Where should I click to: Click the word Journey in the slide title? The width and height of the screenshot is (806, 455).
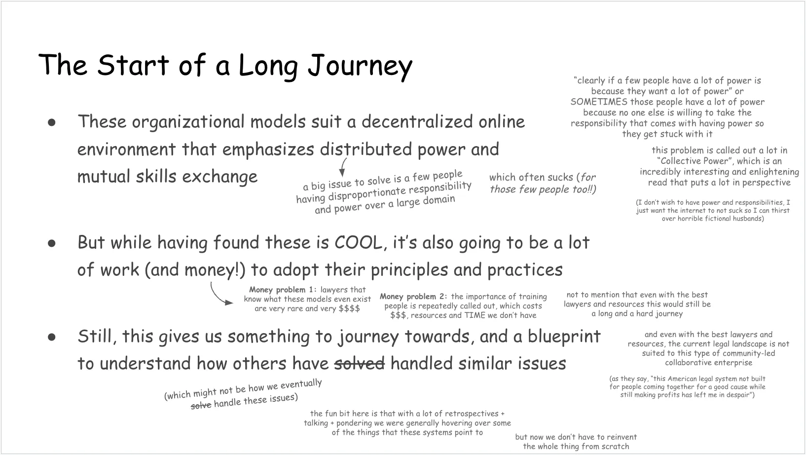point(360,67)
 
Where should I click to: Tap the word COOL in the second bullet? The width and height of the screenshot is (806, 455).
point(358,243)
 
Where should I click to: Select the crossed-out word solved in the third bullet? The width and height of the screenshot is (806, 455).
point(359,363)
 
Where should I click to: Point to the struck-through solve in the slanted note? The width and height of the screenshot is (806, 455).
point(201,406)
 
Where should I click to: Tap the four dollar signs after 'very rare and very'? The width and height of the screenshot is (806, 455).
point(349,308)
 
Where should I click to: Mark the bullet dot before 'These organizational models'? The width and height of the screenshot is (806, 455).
point(51,122)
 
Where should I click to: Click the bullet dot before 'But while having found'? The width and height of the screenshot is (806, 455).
point(51,243)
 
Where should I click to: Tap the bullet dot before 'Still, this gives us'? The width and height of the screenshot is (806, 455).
point(51,337)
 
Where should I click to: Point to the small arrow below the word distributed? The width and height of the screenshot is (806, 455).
point(342,167)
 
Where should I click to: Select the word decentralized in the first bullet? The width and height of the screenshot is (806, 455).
point(417,122)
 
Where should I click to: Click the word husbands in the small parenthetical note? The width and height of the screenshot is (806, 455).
point(747,219)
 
